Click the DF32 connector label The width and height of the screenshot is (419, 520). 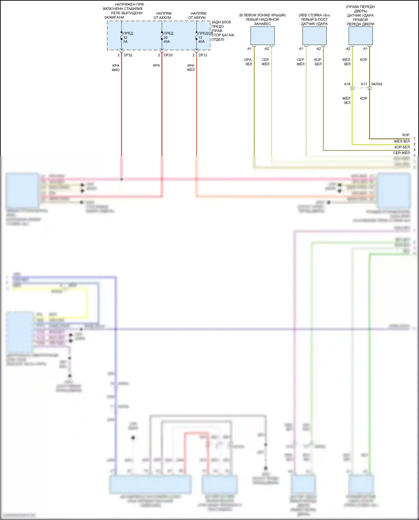tap(128, 55)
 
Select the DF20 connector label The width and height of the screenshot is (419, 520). tap(168, 55)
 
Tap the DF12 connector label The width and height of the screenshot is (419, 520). tap(203, 55)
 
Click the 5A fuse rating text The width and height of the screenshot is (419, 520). tap(125, 42)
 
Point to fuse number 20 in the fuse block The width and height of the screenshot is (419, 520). tap(166, 37)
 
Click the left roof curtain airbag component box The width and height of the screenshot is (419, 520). tap(262, 36)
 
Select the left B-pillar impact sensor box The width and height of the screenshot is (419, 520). tap(314, 36)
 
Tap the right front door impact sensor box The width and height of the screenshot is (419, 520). tap(360, 36)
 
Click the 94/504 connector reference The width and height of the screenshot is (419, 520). tap(377, 84)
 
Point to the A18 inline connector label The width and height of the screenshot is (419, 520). tap(347, 84)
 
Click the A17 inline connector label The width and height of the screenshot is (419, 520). tap(364, 84)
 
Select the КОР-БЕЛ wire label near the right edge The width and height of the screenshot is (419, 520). tap(402, 147)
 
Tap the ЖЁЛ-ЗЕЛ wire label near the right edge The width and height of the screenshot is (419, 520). tap(402, 141)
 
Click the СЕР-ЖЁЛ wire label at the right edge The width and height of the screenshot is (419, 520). tap(401, 153)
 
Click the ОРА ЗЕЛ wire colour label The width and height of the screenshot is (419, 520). tap(248, 62)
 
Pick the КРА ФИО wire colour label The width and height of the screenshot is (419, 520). tap(116, 68)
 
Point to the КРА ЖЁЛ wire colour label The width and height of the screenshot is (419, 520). tap(191, 68)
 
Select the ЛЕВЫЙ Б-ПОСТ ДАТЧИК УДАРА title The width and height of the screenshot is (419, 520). tap(314, 22)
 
